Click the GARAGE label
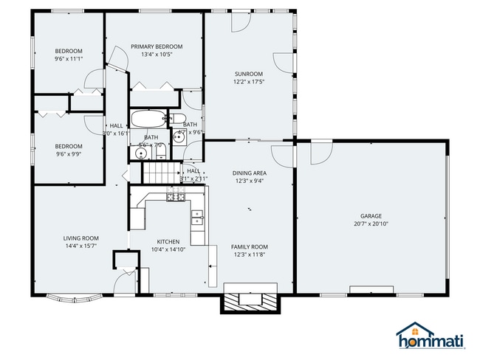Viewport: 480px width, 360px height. [371, 216]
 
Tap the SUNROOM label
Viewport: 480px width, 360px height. [249, 74]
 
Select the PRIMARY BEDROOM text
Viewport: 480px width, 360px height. [157, 46]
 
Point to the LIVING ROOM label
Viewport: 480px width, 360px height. [80, 238]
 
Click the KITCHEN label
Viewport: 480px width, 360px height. [168, 241]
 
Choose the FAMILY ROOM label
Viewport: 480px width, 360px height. [249, 246]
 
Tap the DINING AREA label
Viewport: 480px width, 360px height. [250, 173]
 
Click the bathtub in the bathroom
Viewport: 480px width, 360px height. [150, 119]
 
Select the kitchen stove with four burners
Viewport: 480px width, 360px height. [176, 197]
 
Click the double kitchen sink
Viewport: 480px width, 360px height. [197, 216]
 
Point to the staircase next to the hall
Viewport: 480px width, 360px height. [157, 173]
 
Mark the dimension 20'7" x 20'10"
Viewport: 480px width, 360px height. [371, 224]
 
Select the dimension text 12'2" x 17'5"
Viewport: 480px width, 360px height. [249, 82]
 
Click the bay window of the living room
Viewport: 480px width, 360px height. [72, 298]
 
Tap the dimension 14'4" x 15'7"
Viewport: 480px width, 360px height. [80, 246]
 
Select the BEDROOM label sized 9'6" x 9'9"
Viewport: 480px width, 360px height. [68, 146]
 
